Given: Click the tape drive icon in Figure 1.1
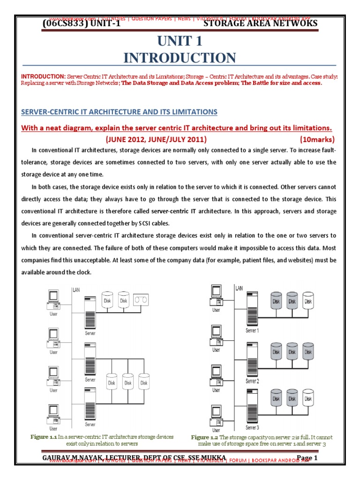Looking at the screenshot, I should coord(141,298).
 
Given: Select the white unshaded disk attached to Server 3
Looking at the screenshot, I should coord(307,398).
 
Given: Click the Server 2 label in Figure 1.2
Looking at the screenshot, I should coord(252,381).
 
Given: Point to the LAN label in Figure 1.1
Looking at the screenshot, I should coord(76,290).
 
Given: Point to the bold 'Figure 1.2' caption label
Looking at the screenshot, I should coord(205,437).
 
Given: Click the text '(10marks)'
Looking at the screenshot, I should coord(316,140).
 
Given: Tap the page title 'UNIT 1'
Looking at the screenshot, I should coord(180,41).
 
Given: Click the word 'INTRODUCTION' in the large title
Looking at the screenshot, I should coord(180,58).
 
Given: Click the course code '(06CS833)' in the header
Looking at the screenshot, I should coord(64,23).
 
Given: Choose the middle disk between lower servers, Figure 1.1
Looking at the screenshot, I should coord(127,381).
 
